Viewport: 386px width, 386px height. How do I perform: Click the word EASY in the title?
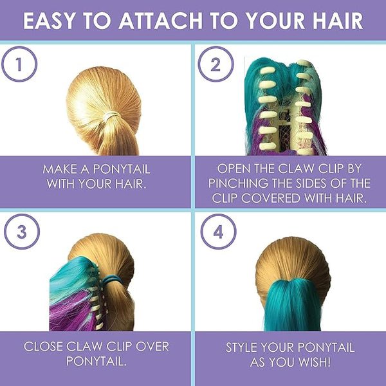[49, 21]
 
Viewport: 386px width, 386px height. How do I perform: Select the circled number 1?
[19, 64]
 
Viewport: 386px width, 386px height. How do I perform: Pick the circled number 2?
[216, 64]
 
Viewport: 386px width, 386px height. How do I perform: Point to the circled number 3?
[22, 232]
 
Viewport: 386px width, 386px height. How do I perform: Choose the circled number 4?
[218, 232]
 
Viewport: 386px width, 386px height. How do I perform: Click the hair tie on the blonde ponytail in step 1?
[111, 116]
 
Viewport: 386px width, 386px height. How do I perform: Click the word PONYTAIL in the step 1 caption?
[122, 169]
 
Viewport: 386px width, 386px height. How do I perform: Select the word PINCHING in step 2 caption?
[238, 183]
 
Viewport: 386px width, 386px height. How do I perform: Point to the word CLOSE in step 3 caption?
[43, 346]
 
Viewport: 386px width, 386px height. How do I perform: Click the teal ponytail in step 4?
[293, 305]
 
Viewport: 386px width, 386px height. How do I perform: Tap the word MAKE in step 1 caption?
[60, 169]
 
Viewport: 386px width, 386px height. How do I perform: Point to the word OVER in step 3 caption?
[152, 346]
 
